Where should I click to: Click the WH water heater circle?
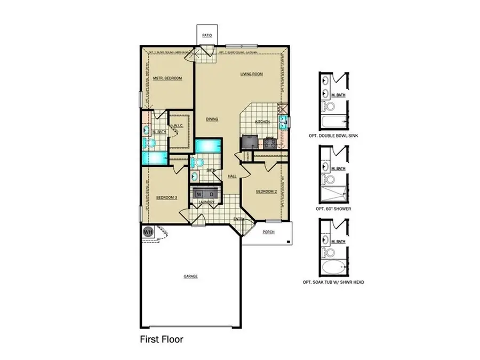(147, 232)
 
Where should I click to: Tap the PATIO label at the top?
(207, 36)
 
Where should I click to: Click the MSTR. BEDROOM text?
(167, 78)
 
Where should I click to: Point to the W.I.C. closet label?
(178, 126)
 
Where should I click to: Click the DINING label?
(212, 119)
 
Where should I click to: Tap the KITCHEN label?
(262, 122)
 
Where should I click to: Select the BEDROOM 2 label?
(266, 191)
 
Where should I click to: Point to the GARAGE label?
(191, 276)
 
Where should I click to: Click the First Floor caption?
(162, 338)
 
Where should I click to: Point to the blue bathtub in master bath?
(154, 158)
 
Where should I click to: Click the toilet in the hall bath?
(198, 162)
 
